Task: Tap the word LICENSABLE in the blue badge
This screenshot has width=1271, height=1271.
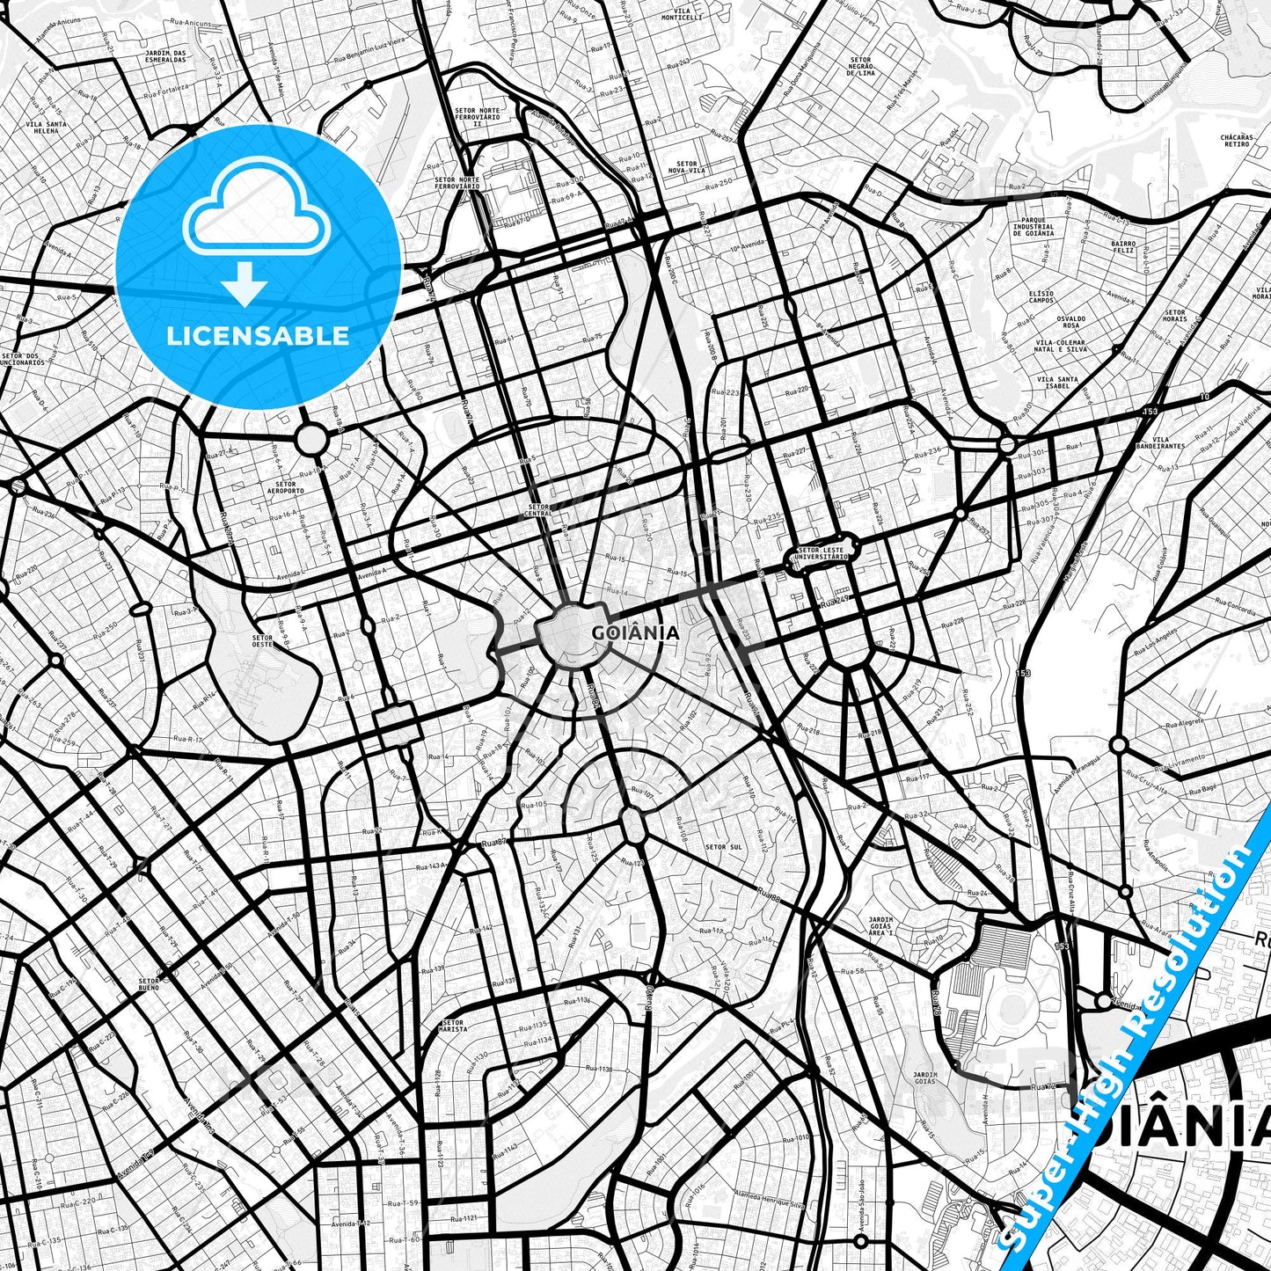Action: tap(259, 335)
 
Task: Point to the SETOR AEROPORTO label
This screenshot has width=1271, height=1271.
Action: tap(285, 486)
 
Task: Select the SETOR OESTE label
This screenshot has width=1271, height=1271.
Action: tap(263, 640)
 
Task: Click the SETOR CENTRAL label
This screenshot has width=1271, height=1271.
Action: tap(537, 510)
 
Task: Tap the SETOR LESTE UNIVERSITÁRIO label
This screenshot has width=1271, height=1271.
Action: tap(822, 552)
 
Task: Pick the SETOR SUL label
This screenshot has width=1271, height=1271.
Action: tap(723, 847)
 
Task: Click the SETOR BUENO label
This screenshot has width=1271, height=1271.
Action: tap(149, 982)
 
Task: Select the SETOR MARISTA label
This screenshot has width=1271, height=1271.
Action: tap(454, 1026)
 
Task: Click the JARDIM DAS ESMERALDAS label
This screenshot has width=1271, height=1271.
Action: tap(166, 58)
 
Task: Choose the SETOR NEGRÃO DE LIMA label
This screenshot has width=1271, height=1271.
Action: tap(861, 67)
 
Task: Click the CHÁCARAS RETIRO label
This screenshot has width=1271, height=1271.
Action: tap(1236, 141)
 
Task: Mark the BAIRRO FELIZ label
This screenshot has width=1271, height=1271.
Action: tap(1123, 247)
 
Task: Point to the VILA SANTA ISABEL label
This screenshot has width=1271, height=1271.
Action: tap(1057, 383)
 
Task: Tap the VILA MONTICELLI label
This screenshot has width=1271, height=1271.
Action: tap(683, 13)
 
